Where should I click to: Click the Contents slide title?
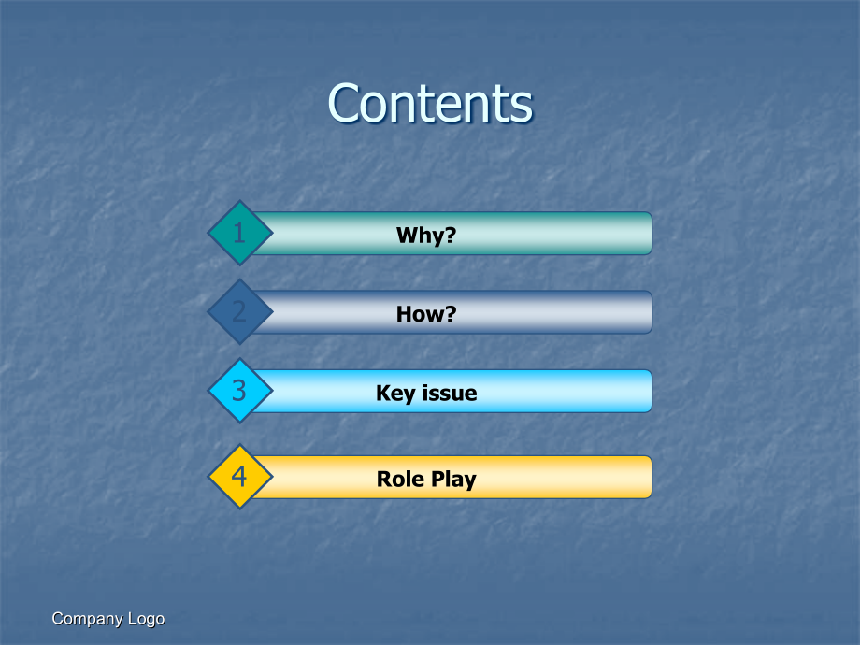pos(430,103)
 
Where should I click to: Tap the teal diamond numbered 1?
pos(239,233)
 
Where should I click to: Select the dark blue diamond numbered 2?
pos(239,311)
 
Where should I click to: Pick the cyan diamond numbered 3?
pos(239,391)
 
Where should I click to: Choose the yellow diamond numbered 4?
pos(239,477)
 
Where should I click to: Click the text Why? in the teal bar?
pos(426,236)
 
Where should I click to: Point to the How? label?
pos(426,314)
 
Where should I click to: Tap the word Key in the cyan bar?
pos(395,394)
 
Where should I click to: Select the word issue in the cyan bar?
pos(450,393)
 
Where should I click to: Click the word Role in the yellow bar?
pos(400,479)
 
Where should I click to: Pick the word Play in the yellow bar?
pos(453,480)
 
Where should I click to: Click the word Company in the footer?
pos(87,619)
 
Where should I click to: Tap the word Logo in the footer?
pos(146,619)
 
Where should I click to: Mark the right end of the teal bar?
pos(652,233)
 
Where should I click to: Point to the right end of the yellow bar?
pos(652,477)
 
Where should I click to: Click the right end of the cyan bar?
pos(652,391)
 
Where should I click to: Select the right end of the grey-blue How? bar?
pos(652,312)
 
